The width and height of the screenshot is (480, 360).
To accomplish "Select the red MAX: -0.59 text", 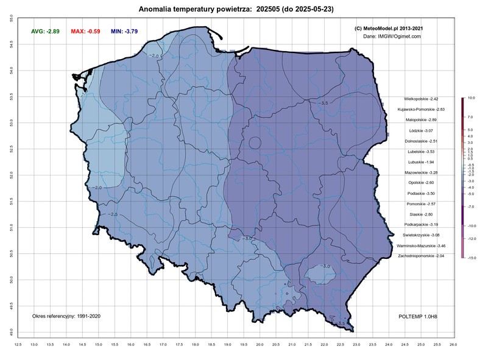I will click(85, 30).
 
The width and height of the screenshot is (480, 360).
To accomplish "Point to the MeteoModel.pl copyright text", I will click(389, 28).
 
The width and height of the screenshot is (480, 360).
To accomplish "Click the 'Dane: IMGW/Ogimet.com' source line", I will click(392, 37).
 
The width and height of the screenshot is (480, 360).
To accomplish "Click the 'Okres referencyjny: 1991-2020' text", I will click(67, 317).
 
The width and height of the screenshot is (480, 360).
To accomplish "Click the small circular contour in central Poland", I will click(255, 143).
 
